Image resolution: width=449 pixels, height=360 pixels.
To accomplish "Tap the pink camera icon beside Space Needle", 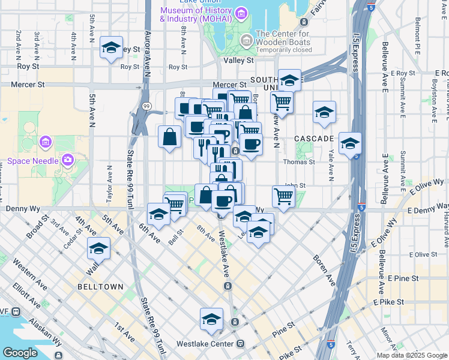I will click(x=67, y=160).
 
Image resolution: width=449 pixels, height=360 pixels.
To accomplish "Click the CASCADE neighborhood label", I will click(x=313, y=139).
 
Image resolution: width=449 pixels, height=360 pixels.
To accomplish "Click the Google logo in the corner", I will click(x=20, y=353).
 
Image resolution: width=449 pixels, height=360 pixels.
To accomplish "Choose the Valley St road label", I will click(x=238, y=61).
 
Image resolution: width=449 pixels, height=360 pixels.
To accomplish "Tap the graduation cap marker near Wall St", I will click(x=98, y=248).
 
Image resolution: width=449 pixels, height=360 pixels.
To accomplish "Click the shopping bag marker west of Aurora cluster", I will click(x=170, y=136).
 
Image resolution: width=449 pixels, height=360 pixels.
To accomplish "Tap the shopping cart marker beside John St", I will click(x=283, y=195).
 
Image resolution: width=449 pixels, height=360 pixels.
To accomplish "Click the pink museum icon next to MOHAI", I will click(x=241, y=13).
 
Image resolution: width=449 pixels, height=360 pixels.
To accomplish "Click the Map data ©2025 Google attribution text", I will click(x=412, y=355).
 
